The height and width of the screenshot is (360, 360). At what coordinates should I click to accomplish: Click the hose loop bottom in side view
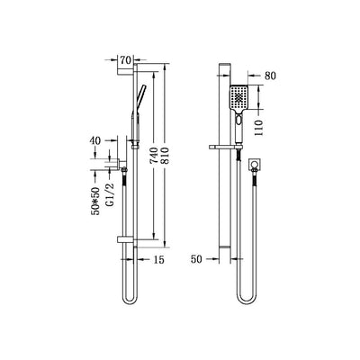(x=126, y=300)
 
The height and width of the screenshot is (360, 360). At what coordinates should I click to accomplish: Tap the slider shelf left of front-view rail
(x=217, y=145)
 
